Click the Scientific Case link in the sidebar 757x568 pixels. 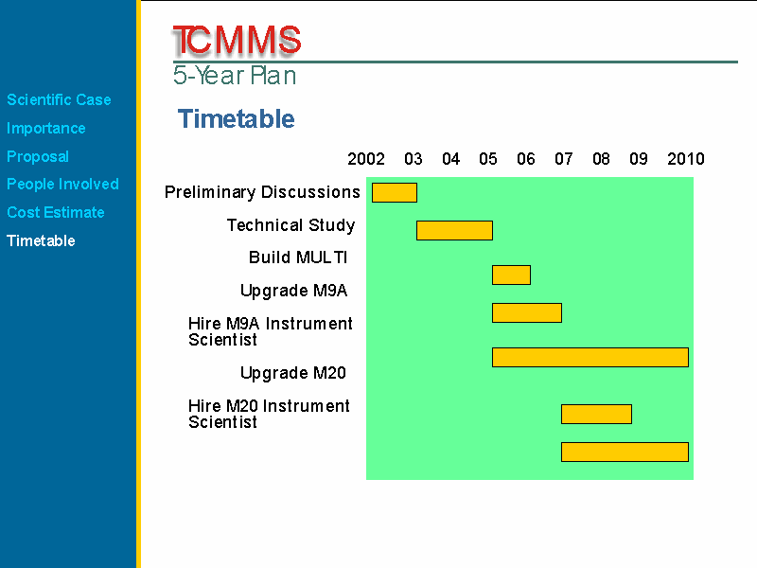point(59,99)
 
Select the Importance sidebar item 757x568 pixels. point(45,128)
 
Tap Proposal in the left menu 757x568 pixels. point(38,156)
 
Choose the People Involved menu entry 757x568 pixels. point(62,184)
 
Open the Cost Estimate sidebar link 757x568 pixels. point(56,212)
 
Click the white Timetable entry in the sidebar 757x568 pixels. point(41,240)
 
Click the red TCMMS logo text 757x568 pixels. point(237,40)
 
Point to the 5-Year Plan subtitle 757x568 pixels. point(235,76)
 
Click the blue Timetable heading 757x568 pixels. point(236,119)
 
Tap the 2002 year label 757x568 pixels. point(366,159)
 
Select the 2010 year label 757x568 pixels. point(685,159)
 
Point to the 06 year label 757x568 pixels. point(526,159)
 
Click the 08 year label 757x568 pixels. point(601,159)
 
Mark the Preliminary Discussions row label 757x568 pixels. point(262,192)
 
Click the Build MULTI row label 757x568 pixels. point(298,257)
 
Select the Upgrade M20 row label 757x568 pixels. point(293,373)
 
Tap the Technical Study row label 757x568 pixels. point(291,225)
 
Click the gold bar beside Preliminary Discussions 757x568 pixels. point(395,193)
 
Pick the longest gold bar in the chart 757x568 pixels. point(590,358)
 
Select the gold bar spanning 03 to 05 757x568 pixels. point(455,230)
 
